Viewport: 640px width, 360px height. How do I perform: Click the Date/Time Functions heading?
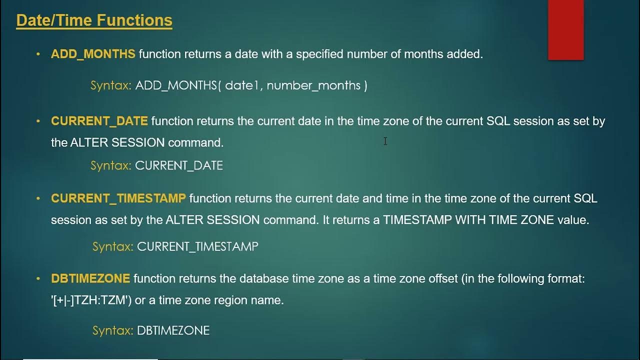click(x=94, y=20)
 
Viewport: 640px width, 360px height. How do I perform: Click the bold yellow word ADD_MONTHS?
click(x=93, y=54)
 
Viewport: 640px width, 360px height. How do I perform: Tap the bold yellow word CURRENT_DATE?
click(x=99, y=121)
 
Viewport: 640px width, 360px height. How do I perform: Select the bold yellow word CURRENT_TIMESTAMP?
click(x=118, y=198)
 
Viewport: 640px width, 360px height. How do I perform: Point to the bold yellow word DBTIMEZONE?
click(x=90, y=278)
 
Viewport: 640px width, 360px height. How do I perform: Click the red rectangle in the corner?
click(x=565, y=29)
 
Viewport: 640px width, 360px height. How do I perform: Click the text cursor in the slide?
click(x=385, y=141)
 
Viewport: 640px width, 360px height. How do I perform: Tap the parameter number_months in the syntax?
click(x=313, y=85)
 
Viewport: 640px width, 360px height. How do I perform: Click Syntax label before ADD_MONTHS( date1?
click(x=110, y=85)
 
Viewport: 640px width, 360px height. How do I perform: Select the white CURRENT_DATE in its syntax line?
click(x=179, y=165)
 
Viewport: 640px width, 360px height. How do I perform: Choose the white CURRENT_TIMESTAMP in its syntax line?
click(x=197, y=246)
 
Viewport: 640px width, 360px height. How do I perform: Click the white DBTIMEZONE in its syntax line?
click(x=173, y=330)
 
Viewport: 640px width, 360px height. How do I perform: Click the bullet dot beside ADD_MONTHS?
click(x=38, y=54)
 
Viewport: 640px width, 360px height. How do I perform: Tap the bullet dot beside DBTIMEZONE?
click(x=38, y=278)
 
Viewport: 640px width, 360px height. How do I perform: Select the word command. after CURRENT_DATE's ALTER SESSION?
click(x=195, y=142)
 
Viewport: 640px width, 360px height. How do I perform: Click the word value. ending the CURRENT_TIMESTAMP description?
click(x=573, y=220)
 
